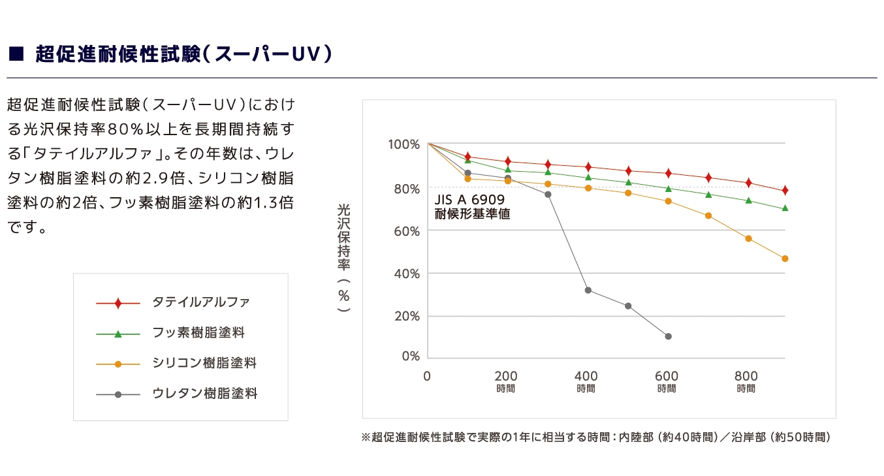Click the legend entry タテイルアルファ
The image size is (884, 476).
[200, 303]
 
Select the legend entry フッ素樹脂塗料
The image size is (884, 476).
[198, 333]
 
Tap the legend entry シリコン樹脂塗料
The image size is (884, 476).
[204, 363]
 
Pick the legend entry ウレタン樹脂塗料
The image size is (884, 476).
[204, 394]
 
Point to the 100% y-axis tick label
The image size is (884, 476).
[403, 144]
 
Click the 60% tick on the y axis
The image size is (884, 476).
[406, 231]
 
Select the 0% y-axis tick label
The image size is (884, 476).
[410, 357]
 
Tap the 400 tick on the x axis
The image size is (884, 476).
[586, 376]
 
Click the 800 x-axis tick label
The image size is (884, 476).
[746, 376]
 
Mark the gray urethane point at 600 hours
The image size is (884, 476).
[668, 336]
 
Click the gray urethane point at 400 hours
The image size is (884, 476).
[588, 290]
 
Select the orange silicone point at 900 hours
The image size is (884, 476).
[785, 259]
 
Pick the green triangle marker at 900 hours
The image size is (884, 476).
[785, 208]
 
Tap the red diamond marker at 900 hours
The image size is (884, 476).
[785, 190]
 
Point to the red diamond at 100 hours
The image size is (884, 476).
[467, 157]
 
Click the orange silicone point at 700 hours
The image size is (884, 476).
[708, 215]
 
